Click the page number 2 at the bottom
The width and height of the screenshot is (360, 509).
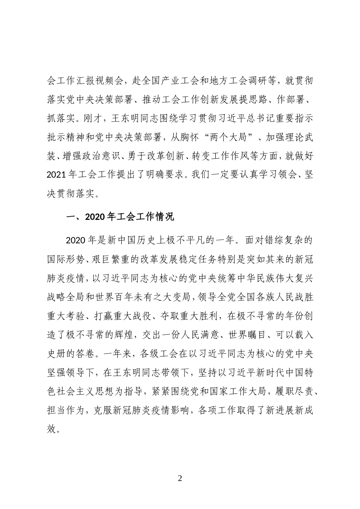click(x=180, y=478)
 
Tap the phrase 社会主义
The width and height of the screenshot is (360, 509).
click(x=86, y=392)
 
